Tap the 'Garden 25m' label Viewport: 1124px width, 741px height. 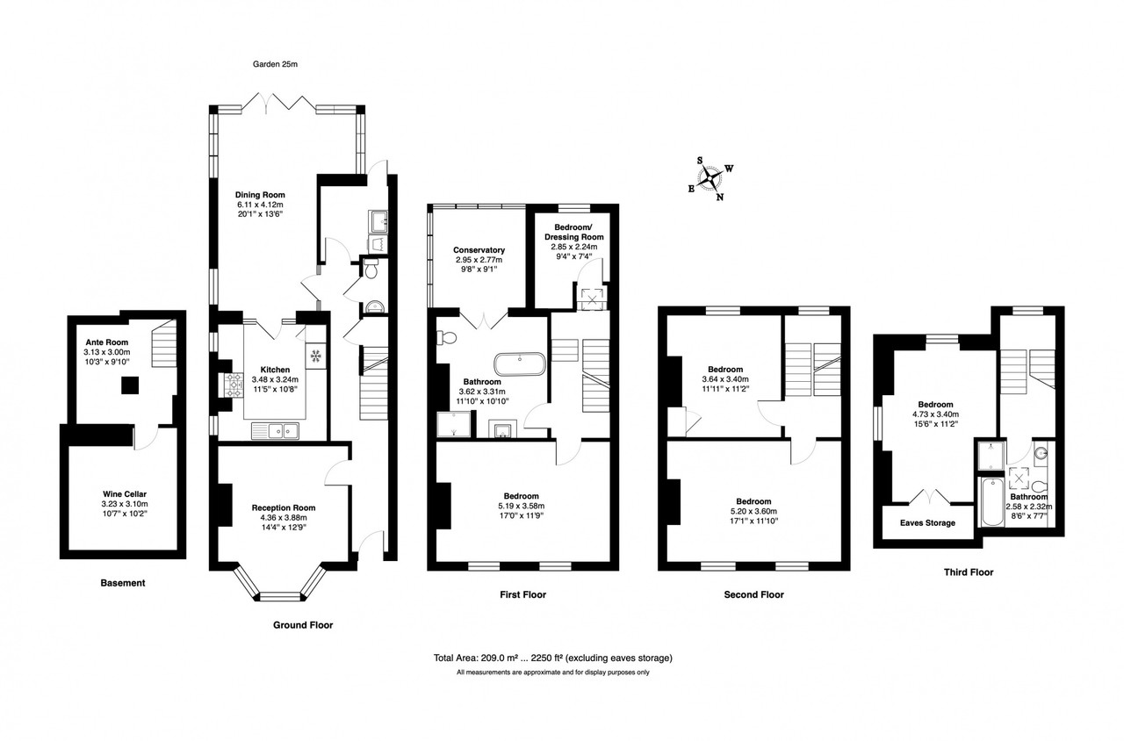point(275,64)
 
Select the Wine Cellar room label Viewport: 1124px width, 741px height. point(125,494)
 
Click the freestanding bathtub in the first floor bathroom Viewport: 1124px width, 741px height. point(520,363)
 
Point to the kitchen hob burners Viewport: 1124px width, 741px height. point(234,385)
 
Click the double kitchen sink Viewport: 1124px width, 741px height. point(275,430)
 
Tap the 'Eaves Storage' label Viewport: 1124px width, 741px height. point(927,522)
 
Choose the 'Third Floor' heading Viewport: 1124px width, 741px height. point(969,572)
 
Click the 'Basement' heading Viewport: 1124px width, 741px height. point(123,583)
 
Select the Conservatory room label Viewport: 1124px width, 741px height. point(479,250)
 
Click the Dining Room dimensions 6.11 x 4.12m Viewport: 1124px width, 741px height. point(261,205)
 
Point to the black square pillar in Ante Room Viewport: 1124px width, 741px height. point(130,385)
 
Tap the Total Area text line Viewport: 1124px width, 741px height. point(553,658)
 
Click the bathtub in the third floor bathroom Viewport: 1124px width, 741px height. point(992,502)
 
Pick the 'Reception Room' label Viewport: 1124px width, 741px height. point(284,507)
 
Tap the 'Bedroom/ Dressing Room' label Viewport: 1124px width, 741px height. point(574,232)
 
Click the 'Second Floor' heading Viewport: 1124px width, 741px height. point(753,594)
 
